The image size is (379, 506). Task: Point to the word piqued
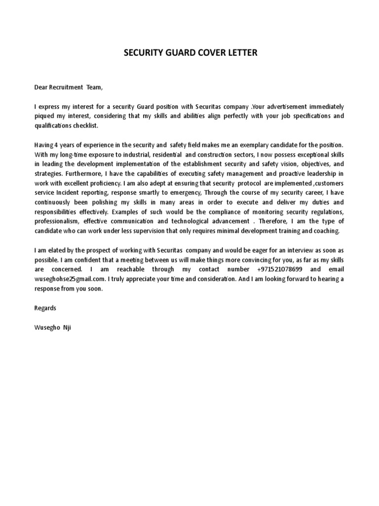click(x=44, y=116)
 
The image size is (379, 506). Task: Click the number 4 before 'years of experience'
click(x=56, y=145)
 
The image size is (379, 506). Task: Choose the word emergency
click(x=183, y=193)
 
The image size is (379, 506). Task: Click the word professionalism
click(x=55, y=222)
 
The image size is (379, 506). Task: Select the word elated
click(x=51, y=251)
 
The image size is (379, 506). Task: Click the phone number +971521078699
click(x=278, y=270)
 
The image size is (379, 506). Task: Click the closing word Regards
click(x=45, y=308)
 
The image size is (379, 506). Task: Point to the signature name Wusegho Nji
click(x=52, y=327)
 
